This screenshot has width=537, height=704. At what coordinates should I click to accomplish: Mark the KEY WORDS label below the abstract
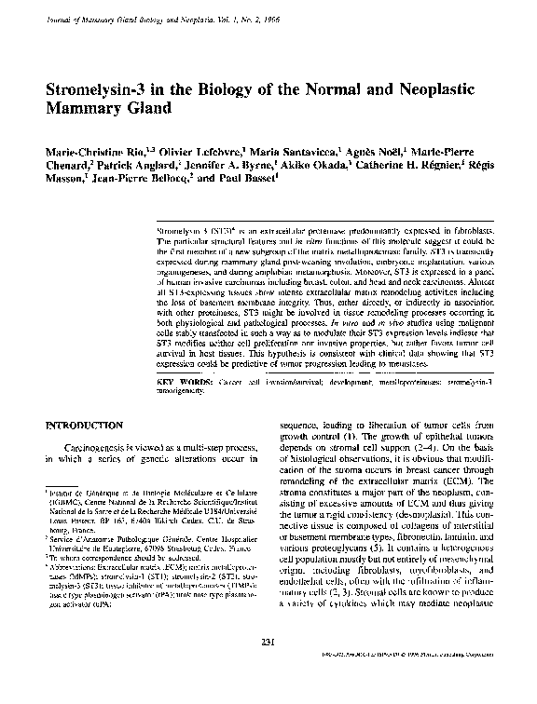click(x=184, y=382)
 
